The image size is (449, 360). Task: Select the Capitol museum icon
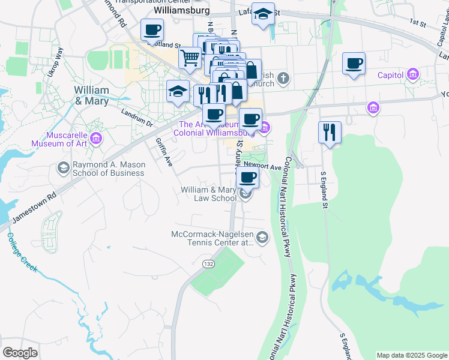tap(412, 75)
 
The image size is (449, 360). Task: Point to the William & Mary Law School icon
tap(244, 193)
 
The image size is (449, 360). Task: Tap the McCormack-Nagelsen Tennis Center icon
tap(262, 238)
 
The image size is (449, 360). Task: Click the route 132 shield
tap(208, 264)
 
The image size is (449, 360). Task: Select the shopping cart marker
tap(190, 58)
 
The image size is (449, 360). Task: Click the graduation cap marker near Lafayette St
tap(262, 14)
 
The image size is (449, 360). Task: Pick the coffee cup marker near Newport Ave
tap(247, 176)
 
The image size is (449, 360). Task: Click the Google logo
tap(20, 353)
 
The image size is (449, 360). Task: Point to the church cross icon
tap(283, 78)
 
